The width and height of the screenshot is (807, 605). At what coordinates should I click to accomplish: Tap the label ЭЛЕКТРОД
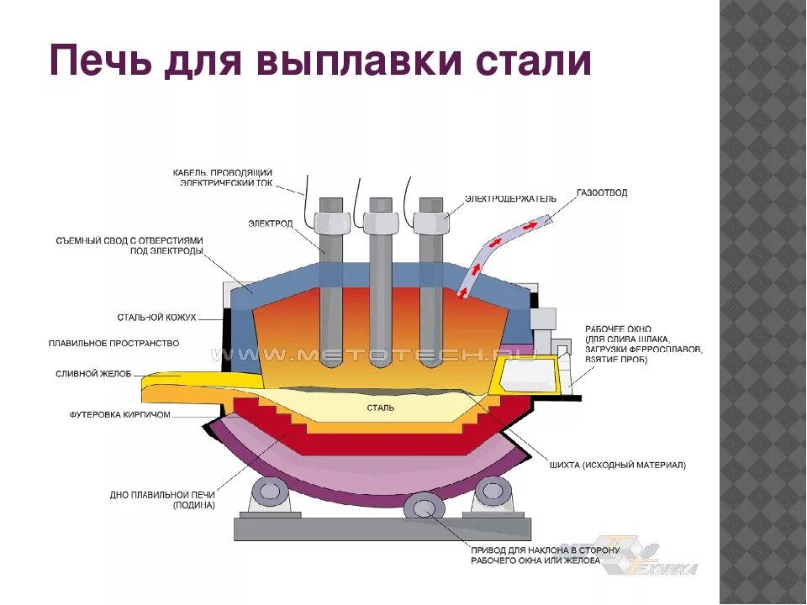click(272, 224)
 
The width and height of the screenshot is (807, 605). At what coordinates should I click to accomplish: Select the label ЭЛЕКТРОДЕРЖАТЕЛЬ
click(511, 199)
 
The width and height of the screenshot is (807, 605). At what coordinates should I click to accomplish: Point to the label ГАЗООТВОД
click(602, 193)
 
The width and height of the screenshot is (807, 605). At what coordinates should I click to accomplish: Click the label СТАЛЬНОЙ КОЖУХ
click(157, 318)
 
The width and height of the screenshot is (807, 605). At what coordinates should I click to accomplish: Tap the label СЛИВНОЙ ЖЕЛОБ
click(93, 374)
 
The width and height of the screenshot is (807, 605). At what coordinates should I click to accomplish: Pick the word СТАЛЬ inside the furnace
click(381, 408)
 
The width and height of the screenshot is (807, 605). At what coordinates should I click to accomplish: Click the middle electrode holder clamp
click(381, 221)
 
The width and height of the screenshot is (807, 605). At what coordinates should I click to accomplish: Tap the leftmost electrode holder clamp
click(331, 221)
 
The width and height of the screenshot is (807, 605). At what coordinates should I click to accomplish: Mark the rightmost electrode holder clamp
click(431, 221)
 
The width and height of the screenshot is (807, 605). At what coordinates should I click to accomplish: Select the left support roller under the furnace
click(272, 492)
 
